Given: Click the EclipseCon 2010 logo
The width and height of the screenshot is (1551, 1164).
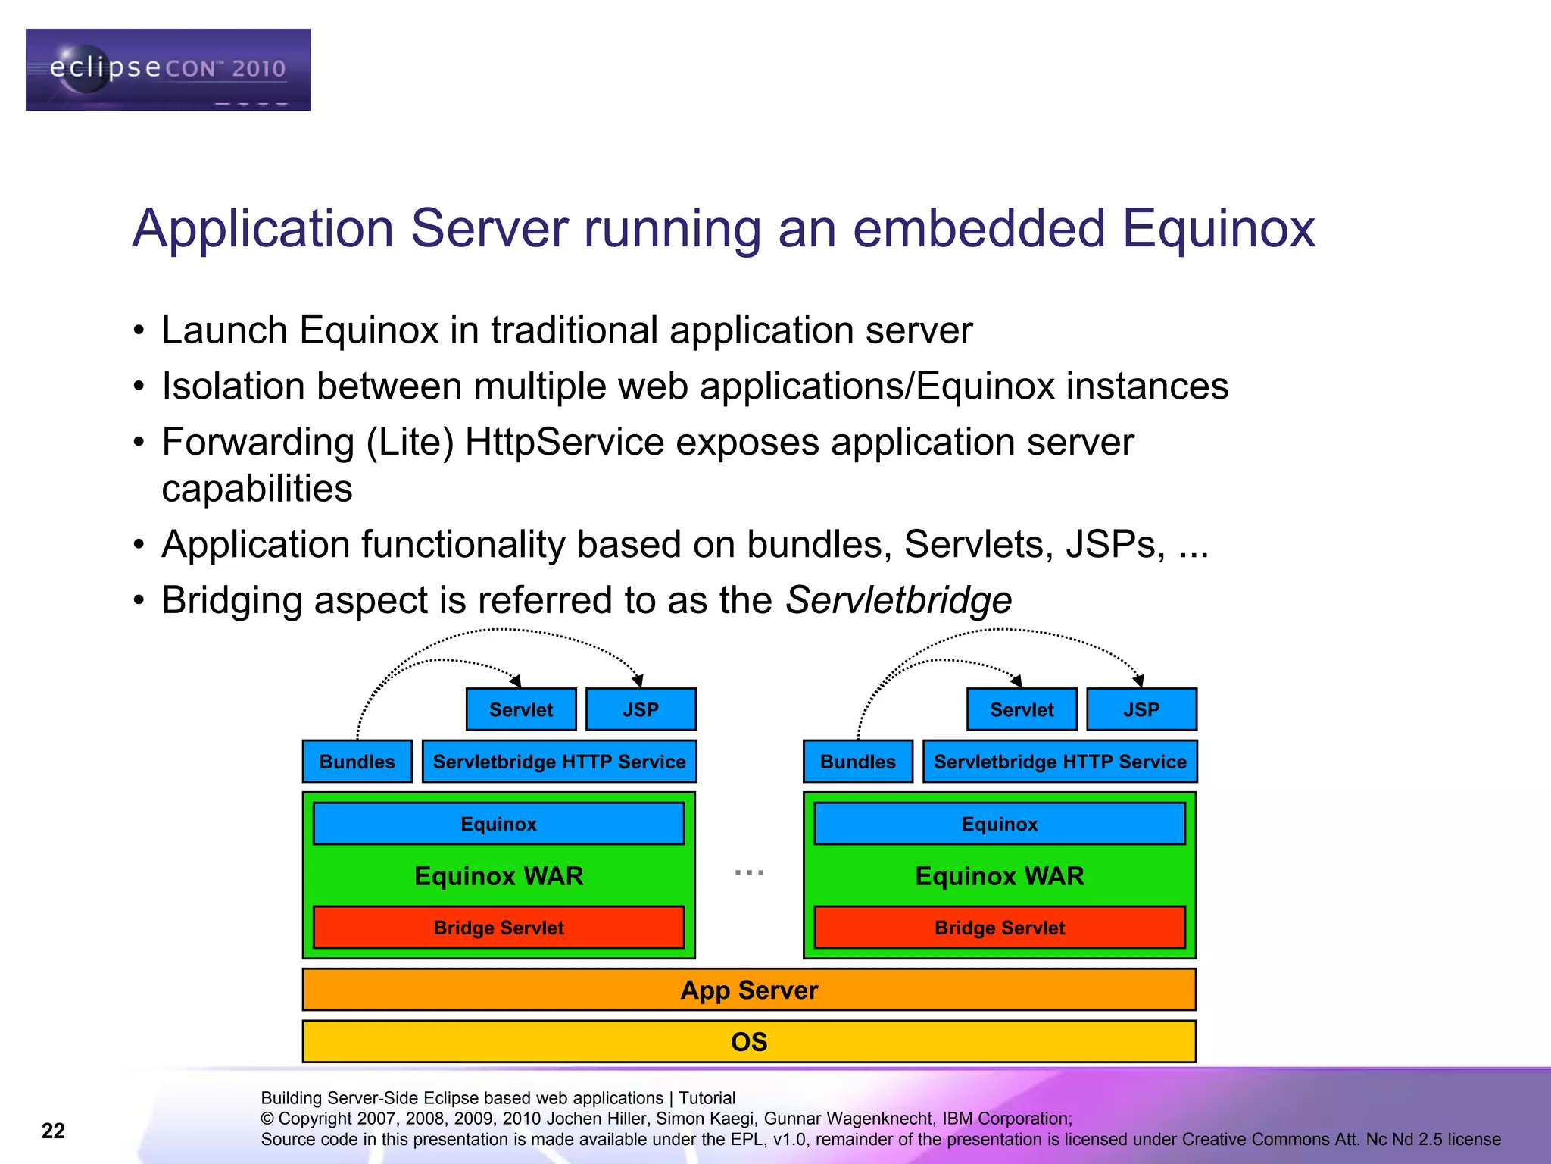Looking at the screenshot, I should pos(167,70).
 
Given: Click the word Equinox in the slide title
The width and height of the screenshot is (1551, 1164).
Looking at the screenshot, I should pos(1218,228).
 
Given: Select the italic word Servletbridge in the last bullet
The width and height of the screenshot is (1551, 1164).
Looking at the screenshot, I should pos(898,600).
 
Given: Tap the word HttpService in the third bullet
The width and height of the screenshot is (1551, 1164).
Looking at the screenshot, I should pos(564,442).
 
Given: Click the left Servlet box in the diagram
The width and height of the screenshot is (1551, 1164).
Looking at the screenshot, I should pos(521,709).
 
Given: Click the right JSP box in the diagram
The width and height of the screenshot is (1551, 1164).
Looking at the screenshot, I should pos(1141,709).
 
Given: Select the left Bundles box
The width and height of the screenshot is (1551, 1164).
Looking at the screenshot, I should pos(357,762).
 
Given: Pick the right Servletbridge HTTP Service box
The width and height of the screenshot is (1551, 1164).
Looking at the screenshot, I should pos(1059,762).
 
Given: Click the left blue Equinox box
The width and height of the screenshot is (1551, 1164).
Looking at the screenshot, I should pos(498,824).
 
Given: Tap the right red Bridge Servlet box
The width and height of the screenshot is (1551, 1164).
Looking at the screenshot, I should pos(999,928).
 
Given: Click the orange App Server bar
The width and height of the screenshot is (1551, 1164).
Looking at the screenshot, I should pos(749,990).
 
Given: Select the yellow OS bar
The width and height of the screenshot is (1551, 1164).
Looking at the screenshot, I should pos(749,1042).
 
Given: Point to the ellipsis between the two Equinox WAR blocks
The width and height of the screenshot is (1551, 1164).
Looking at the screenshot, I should pos(749,873).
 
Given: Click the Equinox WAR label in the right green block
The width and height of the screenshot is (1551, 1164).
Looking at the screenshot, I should pos(999,876).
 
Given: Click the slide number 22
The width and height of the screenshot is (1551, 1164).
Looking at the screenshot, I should pos(53,1131).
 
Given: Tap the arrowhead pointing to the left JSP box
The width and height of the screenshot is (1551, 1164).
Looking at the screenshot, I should pos(639,681).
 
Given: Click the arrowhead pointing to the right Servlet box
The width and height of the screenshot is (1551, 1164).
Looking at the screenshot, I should pos(1017,681).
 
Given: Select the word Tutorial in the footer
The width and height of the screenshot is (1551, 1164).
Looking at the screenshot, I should pos(707,1098).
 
